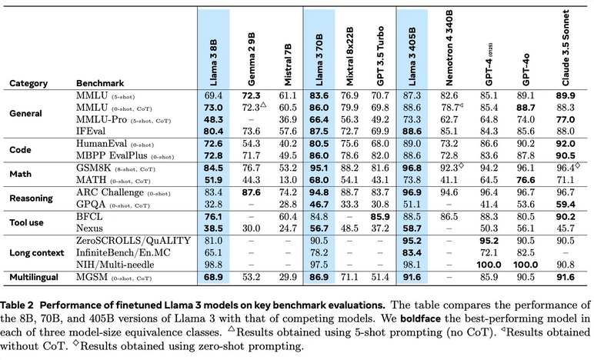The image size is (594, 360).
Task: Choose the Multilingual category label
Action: point(35,275)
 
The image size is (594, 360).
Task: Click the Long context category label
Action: point(38,252)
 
